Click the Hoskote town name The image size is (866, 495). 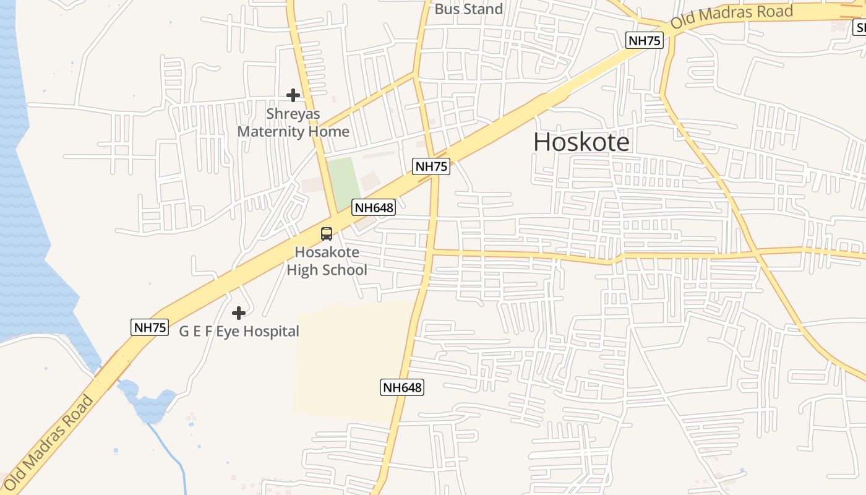point(581,142)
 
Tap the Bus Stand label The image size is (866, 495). point(468,9)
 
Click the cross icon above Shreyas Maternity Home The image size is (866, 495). point(293,95)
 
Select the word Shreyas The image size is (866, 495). point(293,114)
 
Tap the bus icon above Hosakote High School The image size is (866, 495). point(326,234)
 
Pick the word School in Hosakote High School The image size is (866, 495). point(345,270)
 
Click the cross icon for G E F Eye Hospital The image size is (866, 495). point(238,313)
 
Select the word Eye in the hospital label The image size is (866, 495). point(226,332)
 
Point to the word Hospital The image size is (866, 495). point(270,332)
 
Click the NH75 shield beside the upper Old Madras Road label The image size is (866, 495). point(645,41)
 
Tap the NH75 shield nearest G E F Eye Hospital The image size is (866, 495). point(150,327)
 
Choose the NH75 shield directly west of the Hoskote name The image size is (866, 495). point(431,166)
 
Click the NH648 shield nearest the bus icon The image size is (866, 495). point(374,207)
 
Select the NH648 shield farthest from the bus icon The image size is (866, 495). point(402,388)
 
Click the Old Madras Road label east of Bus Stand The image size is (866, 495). point(732,18)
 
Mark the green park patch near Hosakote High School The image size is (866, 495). point(343,183)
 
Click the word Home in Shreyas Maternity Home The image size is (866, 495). point(332,132)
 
